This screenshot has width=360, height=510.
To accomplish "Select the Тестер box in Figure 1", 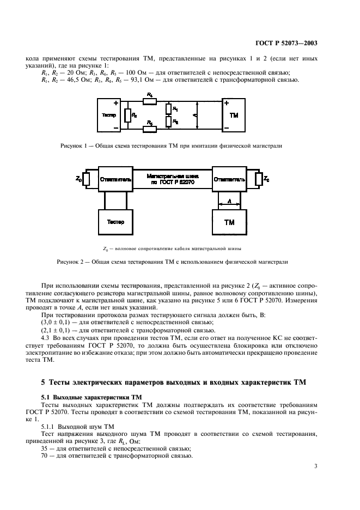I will tap(112, 116).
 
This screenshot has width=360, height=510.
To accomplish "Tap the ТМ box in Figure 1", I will tap(234, 116).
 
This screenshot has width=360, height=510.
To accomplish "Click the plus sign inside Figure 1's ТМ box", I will tap(227, 103).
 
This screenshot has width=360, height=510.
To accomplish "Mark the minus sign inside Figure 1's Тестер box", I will tap(116, 129).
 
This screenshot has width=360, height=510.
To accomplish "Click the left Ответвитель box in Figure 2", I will tap(114, 178).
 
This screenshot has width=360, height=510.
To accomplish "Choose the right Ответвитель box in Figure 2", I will tap(229, 178).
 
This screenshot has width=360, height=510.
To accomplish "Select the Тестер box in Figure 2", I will tap(114, 222).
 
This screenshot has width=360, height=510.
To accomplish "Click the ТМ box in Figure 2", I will tap(229, 222).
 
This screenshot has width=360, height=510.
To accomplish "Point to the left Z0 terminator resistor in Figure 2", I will tap(87, 178).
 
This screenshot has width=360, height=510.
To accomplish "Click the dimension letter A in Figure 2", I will tap(229, 201).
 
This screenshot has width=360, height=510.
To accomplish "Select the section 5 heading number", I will tap(43, 382).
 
